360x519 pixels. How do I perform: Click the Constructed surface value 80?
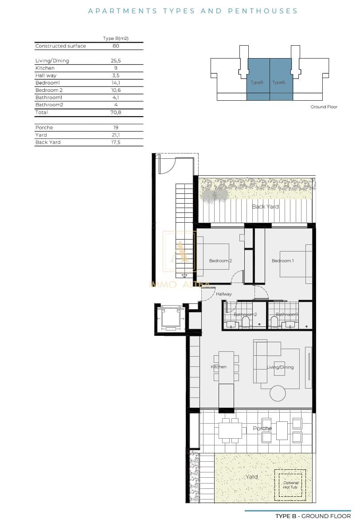click(115, 46)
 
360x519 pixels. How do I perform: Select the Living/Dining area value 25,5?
click(115, 61)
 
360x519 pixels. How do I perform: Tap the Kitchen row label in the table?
click(45, 68)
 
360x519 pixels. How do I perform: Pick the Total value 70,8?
click(115, 113)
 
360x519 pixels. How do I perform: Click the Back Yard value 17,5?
click(115, 142)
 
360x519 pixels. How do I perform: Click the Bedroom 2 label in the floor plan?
click(220, 261)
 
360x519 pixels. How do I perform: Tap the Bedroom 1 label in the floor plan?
click(282, 261)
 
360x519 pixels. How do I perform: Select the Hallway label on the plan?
click(224, 294)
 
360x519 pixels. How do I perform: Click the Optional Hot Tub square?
click(290, 484)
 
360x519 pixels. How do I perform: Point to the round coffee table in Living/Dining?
click(278, 393)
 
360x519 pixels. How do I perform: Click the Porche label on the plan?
click(262, 429)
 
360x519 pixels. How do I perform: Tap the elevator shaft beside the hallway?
click(170, 318)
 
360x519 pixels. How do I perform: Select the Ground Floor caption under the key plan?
click(324, 107)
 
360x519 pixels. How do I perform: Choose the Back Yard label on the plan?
click(265, 207)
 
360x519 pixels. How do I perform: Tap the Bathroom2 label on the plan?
click(245, 315)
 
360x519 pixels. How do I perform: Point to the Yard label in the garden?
click(251, 477)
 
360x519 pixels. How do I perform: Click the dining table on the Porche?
click(230, 429)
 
